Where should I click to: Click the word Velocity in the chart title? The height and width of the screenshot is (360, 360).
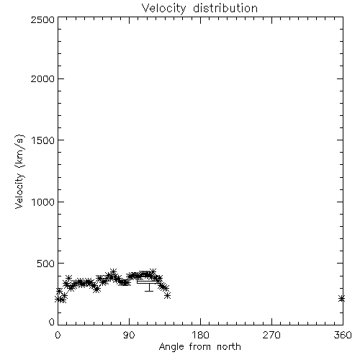(x=164, y=9)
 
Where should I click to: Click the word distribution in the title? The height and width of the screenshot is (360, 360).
(x=225, y=8)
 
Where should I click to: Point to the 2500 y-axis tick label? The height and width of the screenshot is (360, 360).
(x=42, y=19)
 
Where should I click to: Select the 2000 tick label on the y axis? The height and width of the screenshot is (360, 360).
(x=42, y=78)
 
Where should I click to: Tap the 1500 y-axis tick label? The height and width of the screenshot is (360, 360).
(x=43, y=140)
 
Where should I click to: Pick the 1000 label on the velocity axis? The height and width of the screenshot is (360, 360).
(x=43, y=202)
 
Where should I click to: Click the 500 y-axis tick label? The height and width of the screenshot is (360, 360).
(x=46, y=264)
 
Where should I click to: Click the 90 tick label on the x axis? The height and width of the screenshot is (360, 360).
(x=129, y=335)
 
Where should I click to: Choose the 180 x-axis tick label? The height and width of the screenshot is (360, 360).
(x=199, y=335)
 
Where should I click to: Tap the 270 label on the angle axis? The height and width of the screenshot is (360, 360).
(x=271, y=335)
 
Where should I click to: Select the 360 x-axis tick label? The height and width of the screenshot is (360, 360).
(x=343, y=335)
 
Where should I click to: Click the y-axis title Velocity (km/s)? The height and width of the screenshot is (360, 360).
(x=19, y=171)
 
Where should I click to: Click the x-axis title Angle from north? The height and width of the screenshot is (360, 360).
(x=199, y=347)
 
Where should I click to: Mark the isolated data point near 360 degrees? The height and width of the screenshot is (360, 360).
(x=341, y=299)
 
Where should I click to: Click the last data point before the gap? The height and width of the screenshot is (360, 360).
(x=168, y=295)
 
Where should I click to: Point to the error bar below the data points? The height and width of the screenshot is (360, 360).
(x=149, y=287)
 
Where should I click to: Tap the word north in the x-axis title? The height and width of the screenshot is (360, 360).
(x=229, y=346)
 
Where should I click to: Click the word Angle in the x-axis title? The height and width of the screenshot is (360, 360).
(x=171, y=347)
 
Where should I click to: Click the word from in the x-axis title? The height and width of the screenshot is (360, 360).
(x=200, y=346)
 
